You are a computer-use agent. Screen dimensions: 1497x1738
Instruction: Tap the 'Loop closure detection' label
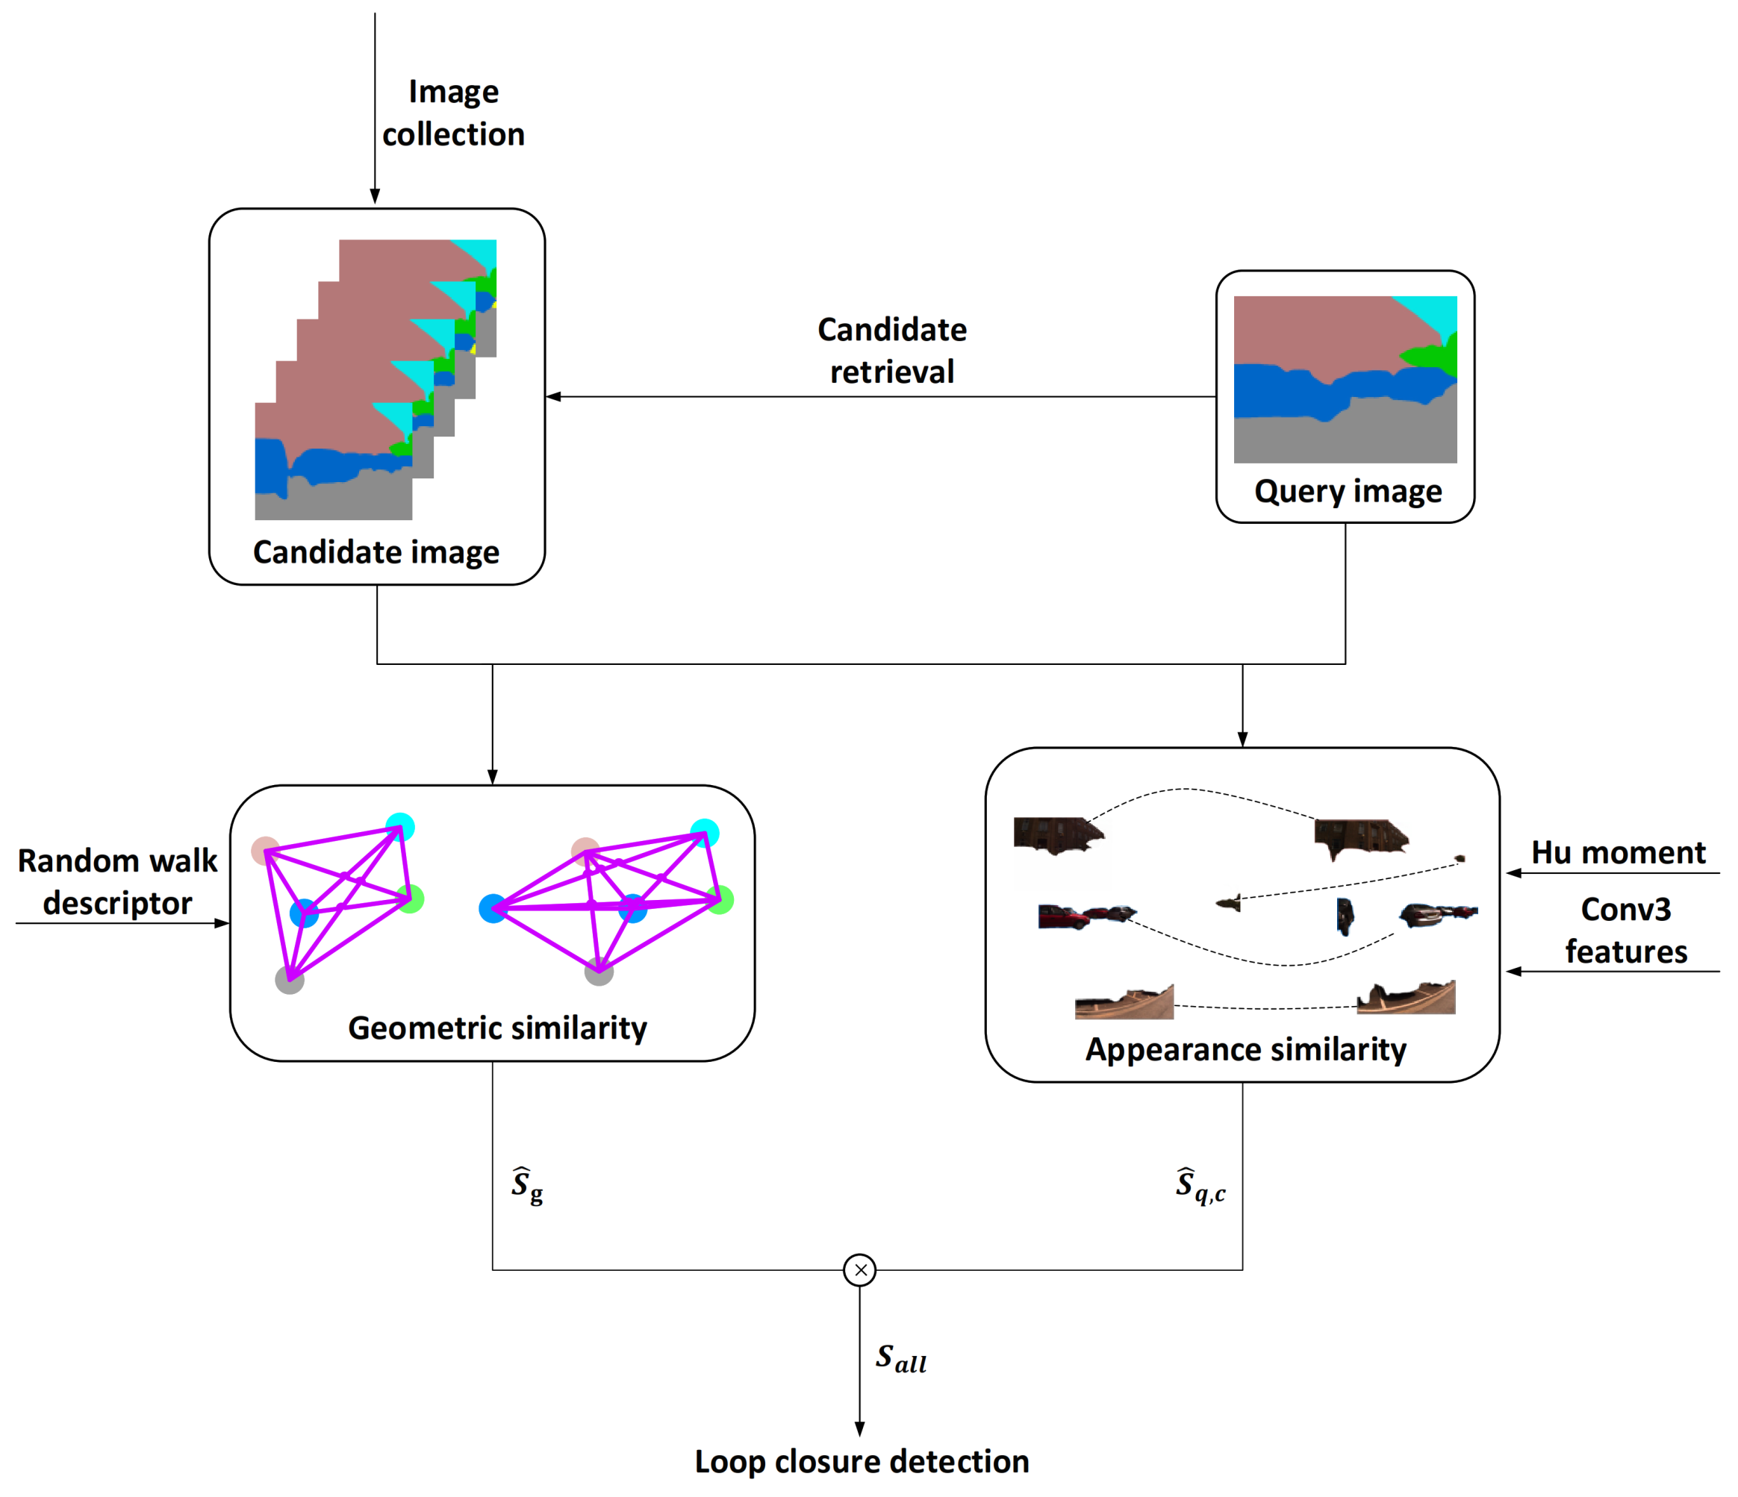862,1462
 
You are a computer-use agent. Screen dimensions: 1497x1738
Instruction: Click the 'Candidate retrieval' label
891,351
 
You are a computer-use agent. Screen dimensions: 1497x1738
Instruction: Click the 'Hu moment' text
1618,852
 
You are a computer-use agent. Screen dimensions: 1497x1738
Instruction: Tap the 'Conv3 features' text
1625,930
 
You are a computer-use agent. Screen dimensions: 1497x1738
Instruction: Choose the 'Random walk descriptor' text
117,881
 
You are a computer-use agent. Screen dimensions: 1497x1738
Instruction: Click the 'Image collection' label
453,113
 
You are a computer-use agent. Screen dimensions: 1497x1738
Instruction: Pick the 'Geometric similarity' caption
497,1028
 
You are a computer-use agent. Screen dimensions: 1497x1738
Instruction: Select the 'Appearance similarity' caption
1245,1049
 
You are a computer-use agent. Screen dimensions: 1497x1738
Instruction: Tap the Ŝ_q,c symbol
1200,1186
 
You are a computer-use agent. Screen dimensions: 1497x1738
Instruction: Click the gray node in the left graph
290,980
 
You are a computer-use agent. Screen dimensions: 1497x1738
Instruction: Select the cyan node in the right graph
705,833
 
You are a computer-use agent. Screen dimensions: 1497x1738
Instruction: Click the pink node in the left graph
265,851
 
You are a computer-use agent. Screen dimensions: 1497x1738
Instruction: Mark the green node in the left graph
410,899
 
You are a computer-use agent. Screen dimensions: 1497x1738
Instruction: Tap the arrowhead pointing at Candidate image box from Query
554,397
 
